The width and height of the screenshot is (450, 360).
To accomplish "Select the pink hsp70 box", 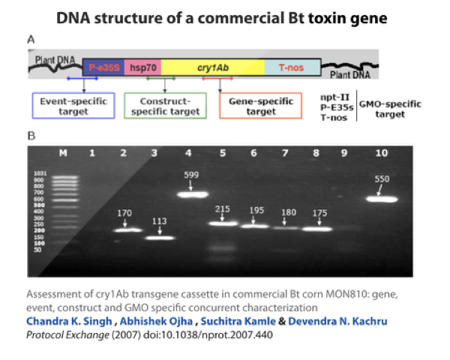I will point(141,67).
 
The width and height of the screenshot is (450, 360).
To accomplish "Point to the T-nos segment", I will point(292,67).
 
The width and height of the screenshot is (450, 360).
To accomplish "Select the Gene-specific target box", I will point(260,106).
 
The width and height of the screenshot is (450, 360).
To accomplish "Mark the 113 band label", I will point(157,222).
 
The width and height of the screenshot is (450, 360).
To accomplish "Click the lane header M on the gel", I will point(63,152).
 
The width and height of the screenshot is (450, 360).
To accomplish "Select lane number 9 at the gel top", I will point(344,152).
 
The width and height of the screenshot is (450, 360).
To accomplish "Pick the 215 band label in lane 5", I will point(223,208).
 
